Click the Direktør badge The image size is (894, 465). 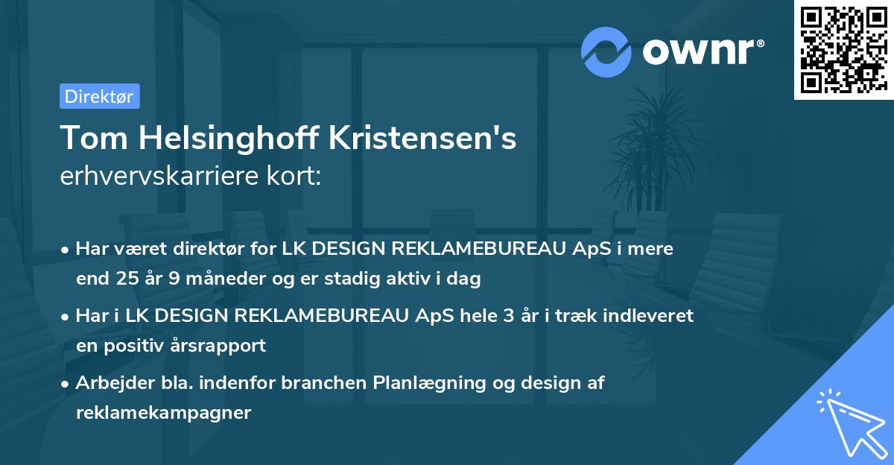click(x=99, y=96)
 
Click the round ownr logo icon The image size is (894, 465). click(x=606, y=51)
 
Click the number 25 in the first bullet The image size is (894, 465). click(x=128, y=279)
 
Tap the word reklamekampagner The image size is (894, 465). click(x=164, y=413)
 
